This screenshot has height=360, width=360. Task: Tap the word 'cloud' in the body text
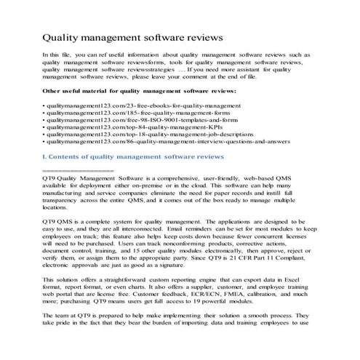click(226, 185)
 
